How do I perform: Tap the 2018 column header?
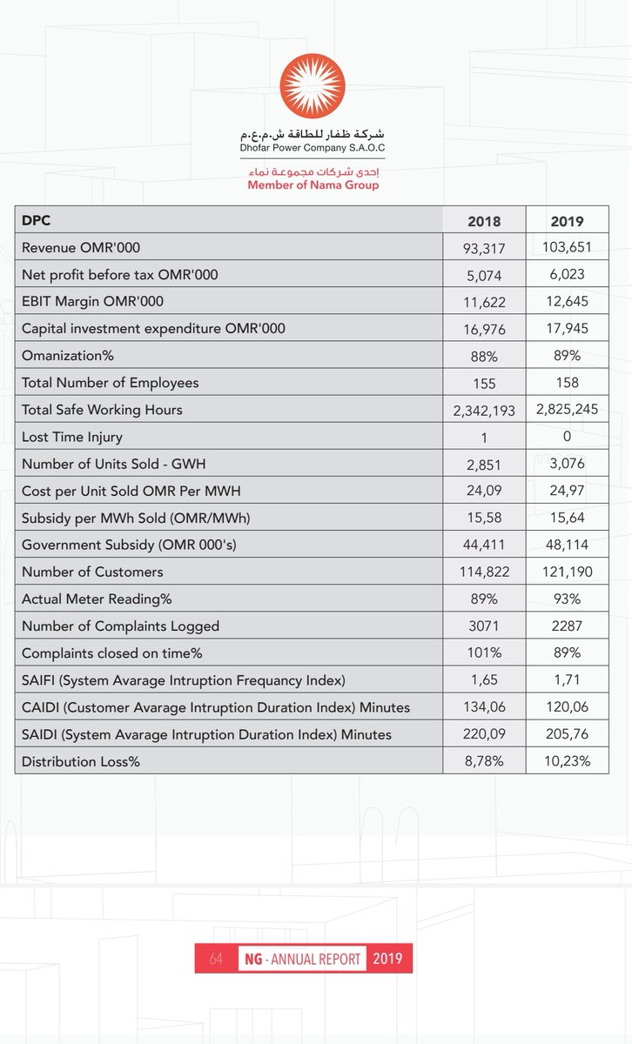pyautogui.click(x=484, y=221)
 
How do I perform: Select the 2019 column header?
pyautogui.click(x=567, y=221)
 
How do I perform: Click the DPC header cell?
pyautogui.click(x=37, y=221)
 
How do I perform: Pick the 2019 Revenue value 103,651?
pyautogui.click(x=567, y=247)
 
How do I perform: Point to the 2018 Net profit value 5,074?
pyautogui.click(x=484, y=275)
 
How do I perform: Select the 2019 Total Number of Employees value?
pyautogui.click(x=567, y=383)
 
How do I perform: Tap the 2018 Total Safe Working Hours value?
pyautogui.click(x=485, y=410)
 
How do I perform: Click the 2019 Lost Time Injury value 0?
pyautogui.click(x=567, y=437)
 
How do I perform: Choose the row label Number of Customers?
pyautogui.click(x=92, y=572)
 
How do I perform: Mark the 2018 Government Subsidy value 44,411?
pyautogui.click(x=484, y=545)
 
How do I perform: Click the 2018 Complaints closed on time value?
pyautogui.click(x=484, y=652)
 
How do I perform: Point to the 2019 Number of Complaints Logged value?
pyautogui.click(x=567, y=626)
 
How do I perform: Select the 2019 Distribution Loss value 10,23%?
pyautogui.click(x=567, y=761)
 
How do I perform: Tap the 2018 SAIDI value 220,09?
pyautogui.click(x=484, y=734)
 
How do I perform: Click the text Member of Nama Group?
pyautogui.click(x=313, y=185)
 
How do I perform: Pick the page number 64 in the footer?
pyautogui.click(x=217, y=959)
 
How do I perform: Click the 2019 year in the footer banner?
pyautogui.click(x=388, y=959)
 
